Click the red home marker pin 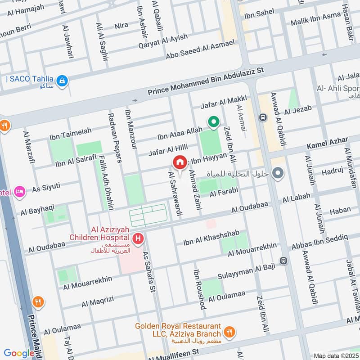pos(180,162)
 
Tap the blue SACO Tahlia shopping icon pos(63,81)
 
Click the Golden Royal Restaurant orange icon pos(229,333)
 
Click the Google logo pos(19,353)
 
